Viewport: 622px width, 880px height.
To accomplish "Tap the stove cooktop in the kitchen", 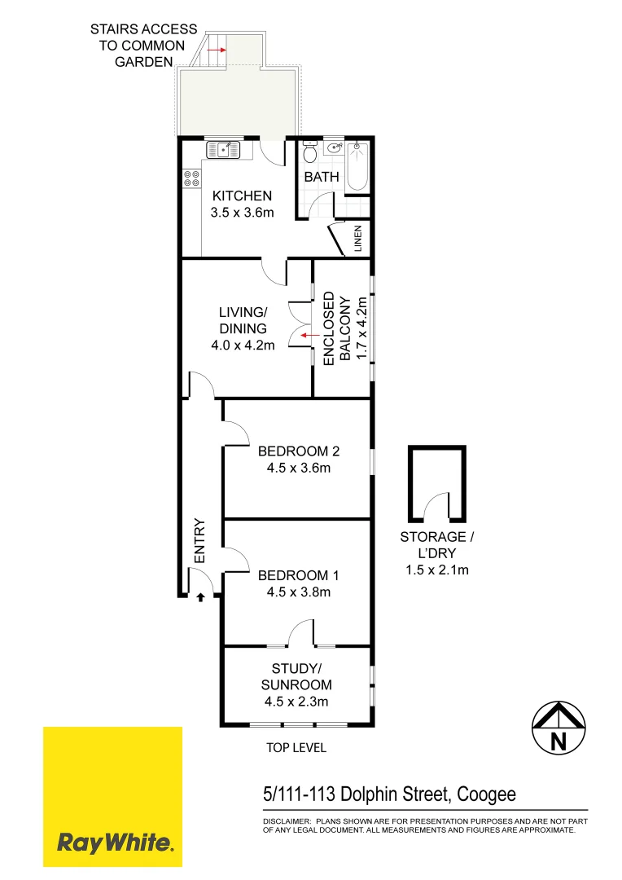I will pyautogui.click(x=192, y=178).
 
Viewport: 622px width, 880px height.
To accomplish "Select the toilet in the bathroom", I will pyautogui.click(x=309, y=154).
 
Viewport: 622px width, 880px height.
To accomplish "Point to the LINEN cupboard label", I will pyautogui.click(x=357, y=240).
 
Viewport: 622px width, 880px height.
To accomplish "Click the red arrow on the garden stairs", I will pyautogui.click(x=217, y=50).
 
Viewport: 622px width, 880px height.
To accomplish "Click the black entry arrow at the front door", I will pyautogui.click(x=200, y=597).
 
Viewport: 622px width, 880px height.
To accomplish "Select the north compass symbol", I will pyautogui.click(x=558, y=728).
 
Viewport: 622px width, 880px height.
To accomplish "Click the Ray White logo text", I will pyautogui.click(x=115, y=843).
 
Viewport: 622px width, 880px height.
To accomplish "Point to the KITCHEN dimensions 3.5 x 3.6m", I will pyautogui.click(x=242, y=213).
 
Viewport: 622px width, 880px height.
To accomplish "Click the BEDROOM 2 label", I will pyautogui.click(x=298, y=451).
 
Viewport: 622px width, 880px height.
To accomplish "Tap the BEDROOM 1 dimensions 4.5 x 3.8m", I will pyautogui.click(x=298, y=592).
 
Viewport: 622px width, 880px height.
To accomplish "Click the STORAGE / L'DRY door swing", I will pyautogui.click(x=440, y=505).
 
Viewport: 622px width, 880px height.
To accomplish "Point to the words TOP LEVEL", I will pyautogui.click(x=296, y=747).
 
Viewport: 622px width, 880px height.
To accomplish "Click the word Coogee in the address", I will pyautogui.click(x=486, y=794).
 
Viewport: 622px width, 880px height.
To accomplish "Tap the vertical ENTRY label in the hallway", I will pyautogui.click(x=199, y=541).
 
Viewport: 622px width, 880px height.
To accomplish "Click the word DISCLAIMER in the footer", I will pyautogui.click(x=286, y=822).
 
